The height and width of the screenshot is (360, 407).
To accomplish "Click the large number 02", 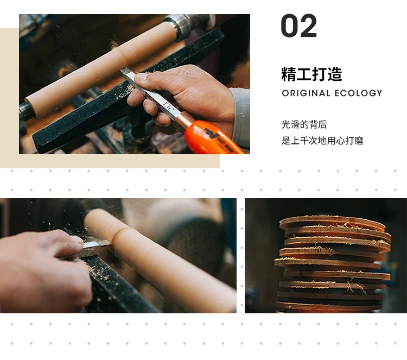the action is coord(299,26).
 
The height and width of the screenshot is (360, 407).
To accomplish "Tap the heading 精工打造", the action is coord(311,74).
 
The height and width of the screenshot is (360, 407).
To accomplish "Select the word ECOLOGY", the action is coord(358,93).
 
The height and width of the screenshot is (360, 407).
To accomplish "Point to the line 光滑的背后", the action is coord(304,124).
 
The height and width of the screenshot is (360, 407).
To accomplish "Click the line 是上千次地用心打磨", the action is coord(322,141).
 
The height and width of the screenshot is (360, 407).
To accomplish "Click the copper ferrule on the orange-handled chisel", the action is coord(183,121).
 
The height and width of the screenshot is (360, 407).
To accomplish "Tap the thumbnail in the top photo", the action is coord(142,77).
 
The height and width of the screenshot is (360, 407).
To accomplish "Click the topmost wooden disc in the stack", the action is coord(332,223).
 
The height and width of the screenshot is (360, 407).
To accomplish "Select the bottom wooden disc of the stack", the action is coord(328,306).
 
